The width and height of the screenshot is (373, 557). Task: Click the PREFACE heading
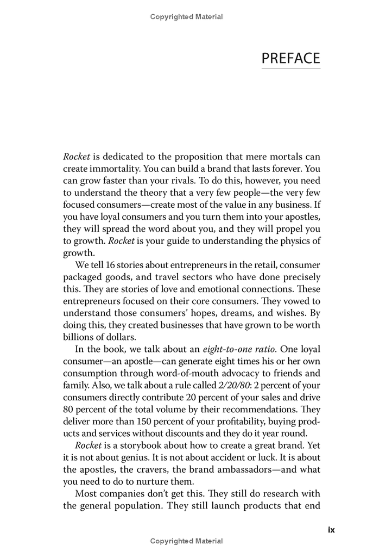pyautogui.click(x=290, y=58)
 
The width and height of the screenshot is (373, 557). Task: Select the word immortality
pyautogui.click(x=111, y=169)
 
